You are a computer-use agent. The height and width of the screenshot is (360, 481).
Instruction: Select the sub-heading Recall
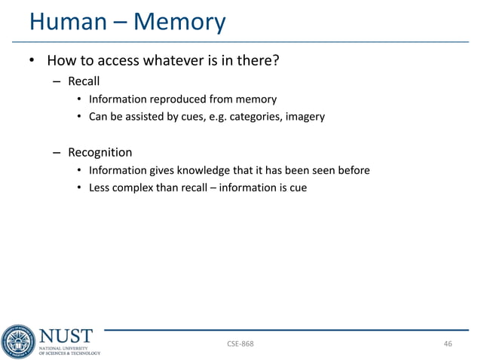click(x=84, y=81)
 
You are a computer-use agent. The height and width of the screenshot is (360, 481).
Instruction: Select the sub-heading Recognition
click(x=100, y=152)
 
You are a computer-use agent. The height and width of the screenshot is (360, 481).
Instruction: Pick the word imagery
click(x=302, y=116)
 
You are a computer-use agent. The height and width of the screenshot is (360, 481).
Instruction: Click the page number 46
click(x=448, y=344)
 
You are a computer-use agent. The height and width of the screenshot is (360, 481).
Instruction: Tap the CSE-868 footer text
click(x=240, y=344)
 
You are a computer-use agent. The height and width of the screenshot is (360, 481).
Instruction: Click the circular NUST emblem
click(x=18, y=340)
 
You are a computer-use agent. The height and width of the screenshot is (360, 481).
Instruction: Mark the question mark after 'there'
click(x=277, y=59)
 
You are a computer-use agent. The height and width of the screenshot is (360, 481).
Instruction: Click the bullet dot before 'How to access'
click(x=33, y=60)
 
